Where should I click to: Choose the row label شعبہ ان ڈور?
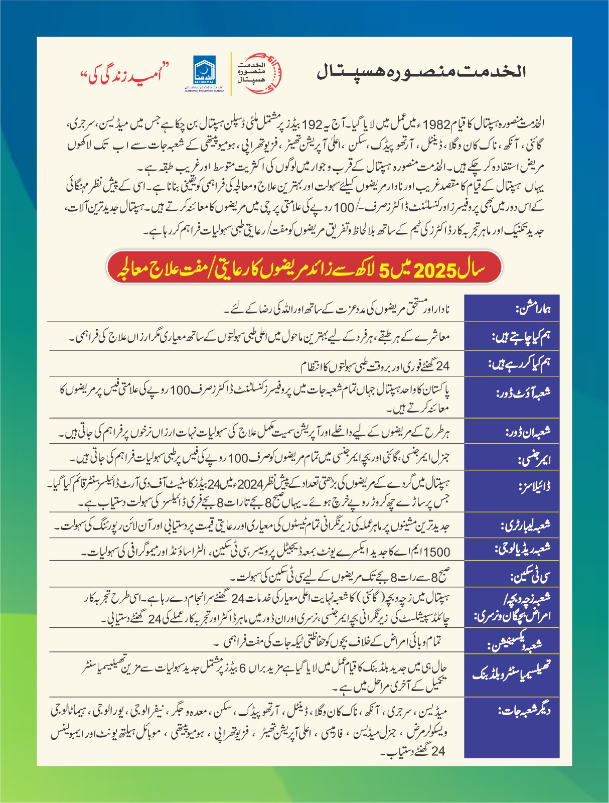click(x=528, y=431)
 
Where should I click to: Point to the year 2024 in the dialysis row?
click(x=250, y=485)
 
